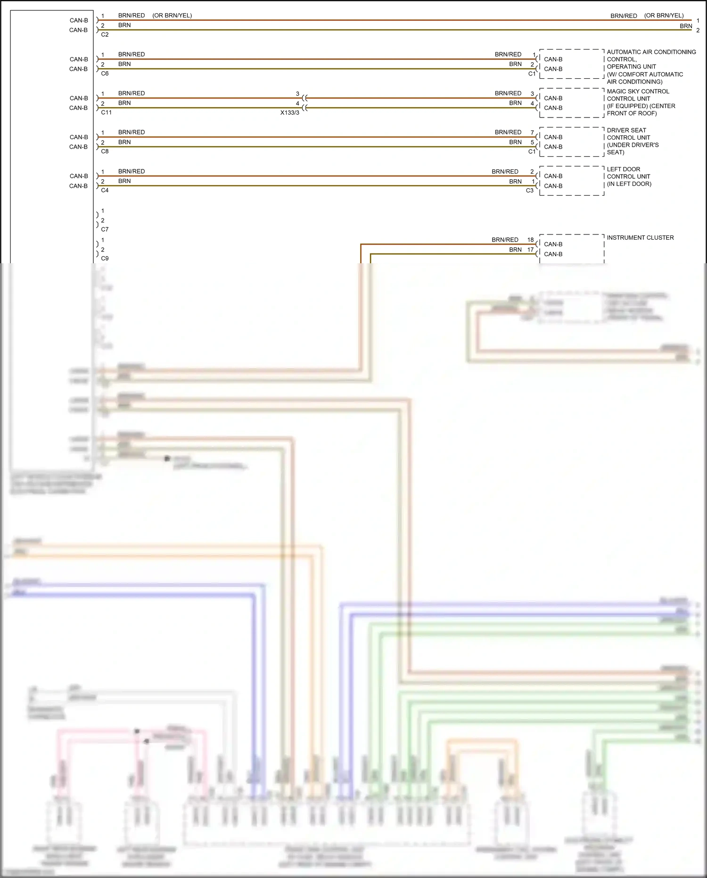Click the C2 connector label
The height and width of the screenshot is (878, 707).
coord(105,34)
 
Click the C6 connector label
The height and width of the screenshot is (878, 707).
coord(105,74)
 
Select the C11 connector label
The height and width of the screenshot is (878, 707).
coord(106,112)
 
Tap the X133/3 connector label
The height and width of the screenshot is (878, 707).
coord(289,113)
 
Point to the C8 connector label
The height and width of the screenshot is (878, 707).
coord(105,151)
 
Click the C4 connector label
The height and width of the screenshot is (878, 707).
coord(105,190)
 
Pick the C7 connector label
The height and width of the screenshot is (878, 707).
coord(105,229)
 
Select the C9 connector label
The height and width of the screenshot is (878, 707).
coord(105,259)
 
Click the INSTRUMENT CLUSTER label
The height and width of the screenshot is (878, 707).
coord(640,238)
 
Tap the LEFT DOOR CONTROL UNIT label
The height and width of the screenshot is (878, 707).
coord(629,176)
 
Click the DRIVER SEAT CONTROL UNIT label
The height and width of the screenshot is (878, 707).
coord(633,141)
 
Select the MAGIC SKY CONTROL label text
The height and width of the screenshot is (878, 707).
coord(638,92)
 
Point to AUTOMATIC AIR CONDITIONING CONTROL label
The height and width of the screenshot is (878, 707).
coord(650,56)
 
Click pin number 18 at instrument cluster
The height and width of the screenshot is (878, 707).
coord(530,240)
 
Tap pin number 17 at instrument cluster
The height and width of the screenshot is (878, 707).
coord(530,250)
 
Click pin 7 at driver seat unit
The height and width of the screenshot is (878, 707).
coord(532,133)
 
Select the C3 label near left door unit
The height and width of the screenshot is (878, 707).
coord(529,191)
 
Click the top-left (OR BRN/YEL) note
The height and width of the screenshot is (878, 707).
coord(172,16)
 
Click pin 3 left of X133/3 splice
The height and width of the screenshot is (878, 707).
coord(297,93)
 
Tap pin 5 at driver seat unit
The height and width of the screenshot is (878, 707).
coord(532,142)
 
